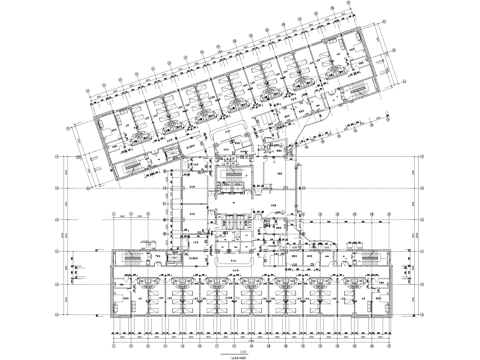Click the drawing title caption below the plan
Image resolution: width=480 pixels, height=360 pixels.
(x=241, y=345)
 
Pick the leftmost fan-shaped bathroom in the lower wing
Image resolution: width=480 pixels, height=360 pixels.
(x=148, y=284)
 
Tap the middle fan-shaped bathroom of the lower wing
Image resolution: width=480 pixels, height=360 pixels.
(x=251, y=284)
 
